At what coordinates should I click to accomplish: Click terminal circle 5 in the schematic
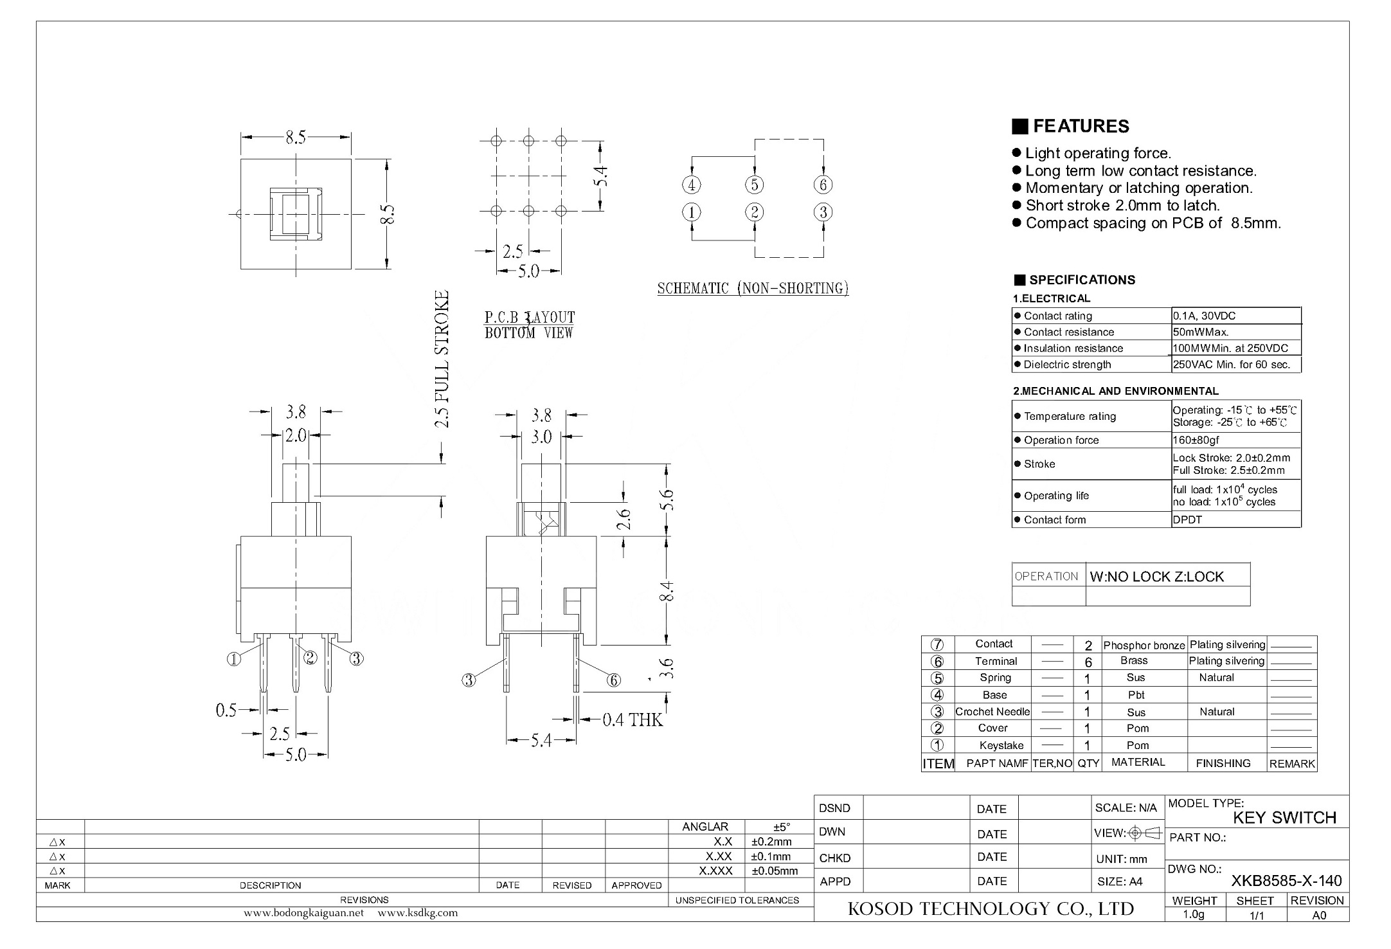coord(754,185)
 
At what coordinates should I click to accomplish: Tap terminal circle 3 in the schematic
coord(823,212)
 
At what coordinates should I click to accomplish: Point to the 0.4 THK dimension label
coord(633,719)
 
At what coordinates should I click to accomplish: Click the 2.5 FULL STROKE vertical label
coord(442,359)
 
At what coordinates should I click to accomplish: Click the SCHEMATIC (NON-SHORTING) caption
coord(753,288)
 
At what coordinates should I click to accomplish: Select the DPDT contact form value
coord(1187,520)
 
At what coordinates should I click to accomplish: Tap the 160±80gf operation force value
coord(1196,440)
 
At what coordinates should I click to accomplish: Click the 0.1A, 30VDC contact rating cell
coord(1204,316)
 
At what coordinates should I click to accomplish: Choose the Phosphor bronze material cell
coord(1144,645)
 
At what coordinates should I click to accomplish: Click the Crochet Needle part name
coord(992,712)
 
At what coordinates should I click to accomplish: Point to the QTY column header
coord(1088,763)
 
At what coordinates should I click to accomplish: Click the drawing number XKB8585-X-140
coord(1286,881)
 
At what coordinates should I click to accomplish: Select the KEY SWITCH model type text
coord(1284,818)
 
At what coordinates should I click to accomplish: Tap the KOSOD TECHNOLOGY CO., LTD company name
coord(991,908)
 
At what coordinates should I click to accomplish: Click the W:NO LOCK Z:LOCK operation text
coord(1156,577)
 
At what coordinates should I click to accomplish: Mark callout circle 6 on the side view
coord(614,680)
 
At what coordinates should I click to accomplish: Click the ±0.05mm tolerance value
coord(775,871)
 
